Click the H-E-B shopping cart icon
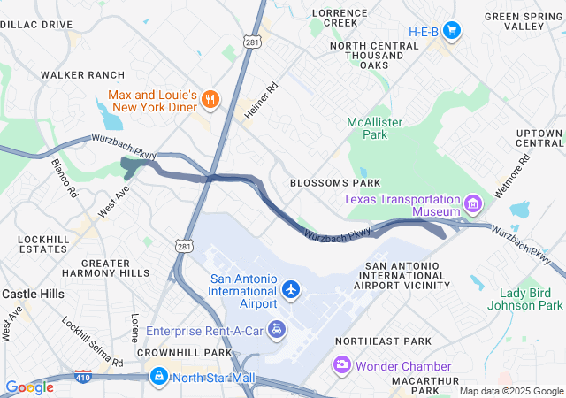tap(452, 31)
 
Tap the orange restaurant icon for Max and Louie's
tap(210, 99)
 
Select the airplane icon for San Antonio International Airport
tap(291, 288)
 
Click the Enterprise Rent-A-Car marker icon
tap(278, 330)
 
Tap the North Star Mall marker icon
tap(158, 378)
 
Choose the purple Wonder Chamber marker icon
tap(341, 365)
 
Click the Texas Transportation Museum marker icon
tap(473, 205)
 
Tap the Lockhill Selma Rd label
tap(92, 341)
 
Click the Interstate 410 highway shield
tap(83, 378)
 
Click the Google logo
tap(29, 387)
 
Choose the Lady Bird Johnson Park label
tap(531, 299)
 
